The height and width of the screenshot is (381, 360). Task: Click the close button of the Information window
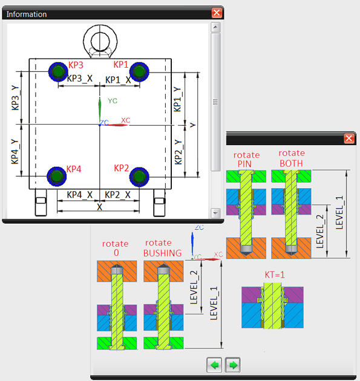pos(217,13)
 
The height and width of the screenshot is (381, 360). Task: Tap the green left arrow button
pos(214,365)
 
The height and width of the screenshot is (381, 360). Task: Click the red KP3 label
pos(76,65)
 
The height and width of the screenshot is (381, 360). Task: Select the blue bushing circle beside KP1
pos(139,72)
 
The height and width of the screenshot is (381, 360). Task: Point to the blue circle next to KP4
pos(57,177)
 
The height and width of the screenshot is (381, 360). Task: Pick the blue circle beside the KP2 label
pos(139,177)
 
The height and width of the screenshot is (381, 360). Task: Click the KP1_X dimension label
pos(118,80)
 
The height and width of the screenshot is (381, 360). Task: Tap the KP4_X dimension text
pos(80,195)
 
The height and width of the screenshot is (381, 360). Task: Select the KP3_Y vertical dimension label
pos(15,98)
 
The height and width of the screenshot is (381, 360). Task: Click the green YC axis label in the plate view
pos(113,101)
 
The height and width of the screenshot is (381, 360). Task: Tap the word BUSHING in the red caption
pos(162,253)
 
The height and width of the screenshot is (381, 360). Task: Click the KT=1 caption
pos(275,275)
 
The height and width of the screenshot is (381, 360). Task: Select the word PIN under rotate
pos(244,164)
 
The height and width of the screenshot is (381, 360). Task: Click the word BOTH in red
pos(291,163)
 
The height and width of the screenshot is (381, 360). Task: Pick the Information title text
pos(27,15)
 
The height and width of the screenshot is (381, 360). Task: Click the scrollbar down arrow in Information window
pos(215,213)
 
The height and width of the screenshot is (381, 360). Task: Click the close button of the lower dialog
pos(349,138)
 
